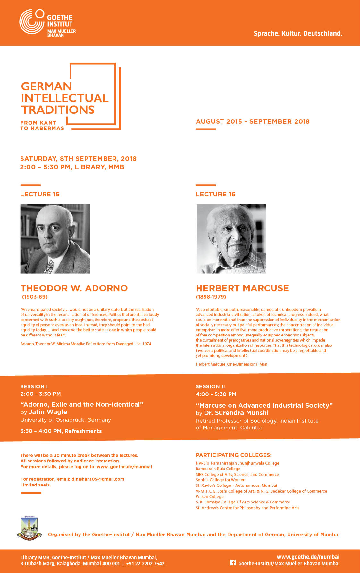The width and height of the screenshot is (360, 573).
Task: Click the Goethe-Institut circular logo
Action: (x=31, y=22)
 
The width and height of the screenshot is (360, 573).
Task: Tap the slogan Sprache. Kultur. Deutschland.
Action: (x=298, y=33)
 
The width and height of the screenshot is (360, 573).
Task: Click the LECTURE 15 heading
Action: (x=40, y=194)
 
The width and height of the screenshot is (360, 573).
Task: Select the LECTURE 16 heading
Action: (x=215, y=194)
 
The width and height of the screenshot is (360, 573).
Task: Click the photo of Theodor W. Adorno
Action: (x=55, y=239)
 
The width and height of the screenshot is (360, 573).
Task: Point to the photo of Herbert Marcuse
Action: (x=231, y=239)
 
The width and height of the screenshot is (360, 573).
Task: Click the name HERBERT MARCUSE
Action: (x=242, y=288)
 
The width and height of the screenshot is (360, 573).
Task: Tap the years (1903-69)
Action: (x=35, y=297)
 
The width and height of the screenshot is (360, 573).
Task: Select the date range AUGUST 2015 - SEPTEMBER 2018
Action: (x=253, y=121)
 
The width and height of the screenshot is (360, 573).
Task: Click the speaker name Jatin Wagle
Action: (x=48, y=412)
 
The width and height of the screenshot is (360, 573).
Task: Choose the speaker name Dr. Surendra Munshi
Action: (x=236, y=413)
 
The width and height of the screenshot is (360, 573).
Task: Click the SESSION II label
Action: (x=210, y=386)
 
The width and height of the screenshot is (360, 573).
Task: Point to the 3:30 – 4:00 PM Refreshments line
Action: (x=61, y=431)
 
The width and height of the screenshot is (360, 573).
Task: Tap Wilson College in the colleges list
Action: (x=210, y=497)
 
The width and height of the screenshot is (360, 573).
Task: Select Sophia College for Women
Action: (x=221, y=480)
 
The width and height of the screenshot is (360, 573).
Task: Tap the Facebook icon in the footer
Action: (x=233, y=562)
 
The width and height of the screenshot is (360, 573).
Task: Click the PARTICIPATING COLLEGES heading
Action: (x=233, y=455)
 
